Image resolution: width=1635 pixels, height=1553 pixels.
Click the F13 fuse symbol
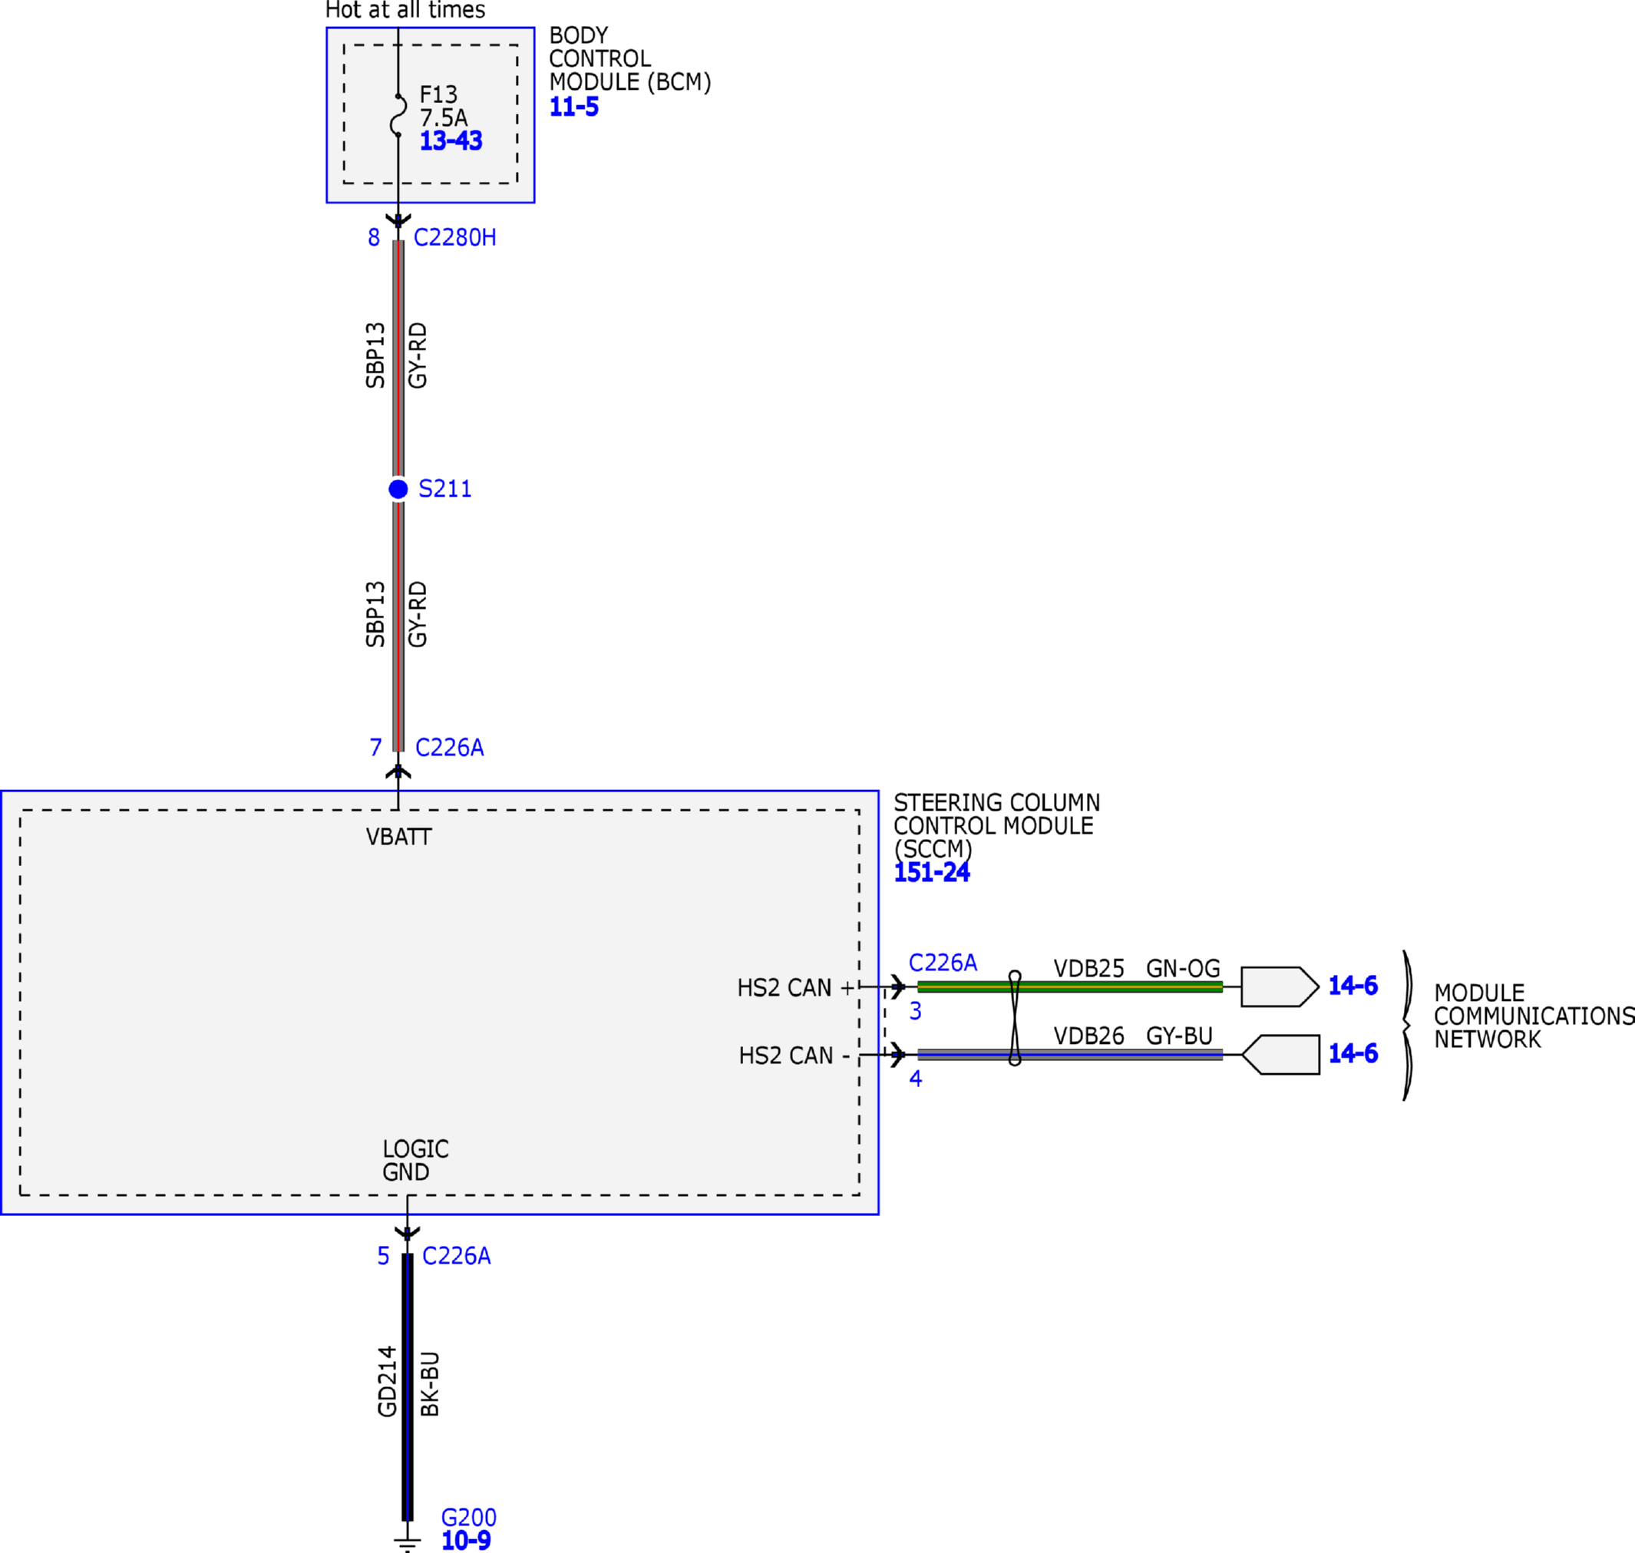(398, 115)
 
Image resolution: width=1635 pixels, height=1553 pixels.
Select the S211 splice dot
(398, 489)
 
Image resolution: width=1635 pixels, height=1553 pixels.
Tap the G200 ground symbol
(407, 1543)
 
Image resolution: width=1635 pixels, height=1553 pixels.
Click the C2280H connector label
(454, 237)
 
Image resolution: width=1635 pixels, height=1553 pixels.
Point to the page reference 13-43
(451, 140)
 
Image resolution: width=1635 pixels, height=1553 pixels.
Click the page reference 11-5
(573, 107)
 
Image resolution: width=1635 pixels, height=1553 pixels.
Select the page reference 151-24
(931, 873)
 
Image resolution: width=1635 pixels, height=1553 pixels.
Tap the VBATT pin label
(398, 837)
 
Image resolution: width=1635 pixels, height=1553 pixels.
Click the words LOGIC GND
(415, 1161)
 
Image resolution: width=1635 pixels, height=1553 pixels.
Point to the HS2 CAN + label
(794, 987)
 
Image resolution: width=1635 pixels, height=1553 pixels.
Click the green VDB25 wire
(1069, 986)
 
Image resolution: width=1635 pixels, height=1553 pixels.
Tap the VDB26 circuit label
(1088, 1036)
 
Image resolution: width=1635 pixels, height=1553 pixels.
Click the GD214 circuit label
(388, 1382)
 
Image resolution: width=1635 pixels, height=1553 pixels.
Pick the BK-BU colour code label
(430, 1384)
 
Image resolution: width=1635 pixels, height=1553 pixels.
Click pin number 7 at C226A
(376, 748)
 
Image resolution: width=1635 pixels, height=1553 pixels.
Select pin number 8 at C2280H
(374, 237)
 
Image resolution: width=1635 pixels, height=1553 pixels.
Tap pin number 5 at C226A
(383, 1256)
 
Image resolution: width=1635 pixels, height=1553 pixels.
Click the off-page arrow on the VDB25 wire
(1280, 986)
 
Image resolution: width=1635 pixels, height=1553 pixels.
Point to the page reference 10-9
(466, 1541)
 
